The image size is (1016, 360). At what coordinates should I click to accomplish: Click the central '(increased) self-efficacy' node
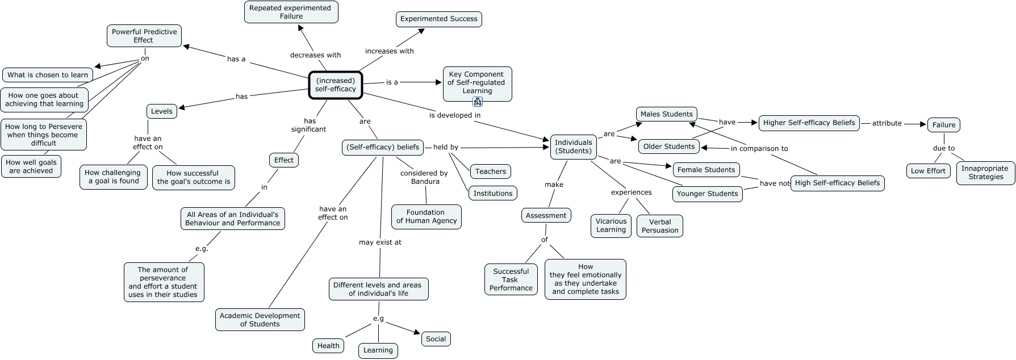pos(336,85)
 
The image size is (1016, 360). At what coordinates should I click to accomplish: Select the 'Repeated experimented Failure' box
pos(291,12)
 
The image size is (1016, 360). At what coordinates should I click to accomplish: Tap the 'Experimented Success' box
pos(438,19)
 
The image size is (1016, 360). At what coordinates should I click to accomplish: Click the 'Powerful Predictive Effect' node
pos(144,36)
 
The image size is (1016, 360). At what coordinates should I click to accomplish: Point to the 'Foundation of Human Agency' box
pos(426,216)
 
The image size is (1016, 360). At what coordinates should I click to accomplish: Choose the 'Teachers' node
pos(490,171)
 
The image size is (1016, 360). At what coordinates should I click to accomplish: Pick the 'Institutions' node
pos(492,193)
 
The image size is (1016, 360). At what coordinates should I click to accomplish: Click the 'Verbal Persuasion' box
pos(659,226)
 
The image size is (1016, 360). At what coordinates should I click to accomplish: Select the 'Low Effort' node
pos(928,171)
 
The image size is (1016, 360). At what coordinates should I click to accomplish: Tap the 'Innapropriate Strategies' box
pos(985,173)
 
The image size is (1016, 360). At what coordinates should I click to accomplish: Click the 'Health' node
pos(328,346)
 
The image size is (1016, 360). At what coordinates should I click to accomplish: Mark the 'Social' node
pos(436,339)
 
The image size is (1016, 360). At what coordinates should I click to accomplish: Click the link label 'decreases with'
pos(315,55)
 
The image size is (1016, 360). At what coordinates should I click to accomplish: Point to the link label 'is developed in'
pos(454,115)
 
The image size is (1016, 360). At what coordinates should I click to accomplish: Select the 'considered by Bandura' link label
pos(424,177)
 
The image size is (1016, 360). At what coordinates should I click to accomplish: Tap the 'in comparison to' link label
pos(759,149)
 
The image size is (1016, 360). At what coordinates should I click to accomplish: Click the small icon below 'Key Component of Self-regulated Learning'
pos(477,102)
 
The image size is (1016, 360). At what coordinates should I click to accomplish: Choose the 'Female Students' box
pos(706,169)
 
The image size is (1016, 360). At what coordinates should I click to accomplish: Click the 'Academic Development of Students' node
pos(260,320)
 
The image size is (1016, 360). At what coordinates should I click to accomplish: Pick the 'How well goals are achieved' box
pos(31,166)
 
